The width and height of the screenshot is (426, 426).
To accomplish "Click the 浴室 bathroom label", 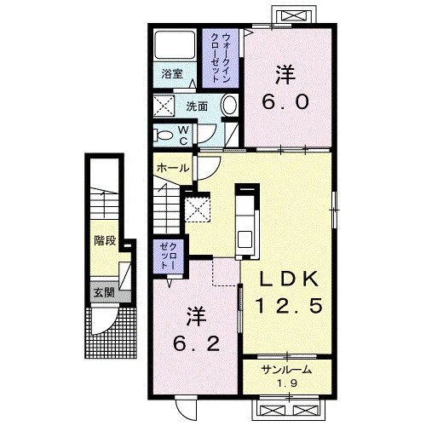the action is (x=172, y=74).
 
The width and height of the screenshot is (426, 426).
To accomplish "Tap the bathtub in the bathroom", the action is (x=175, y=45).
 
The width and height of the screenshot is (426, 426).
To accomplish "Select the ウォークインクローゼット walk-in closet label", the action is (x=221, y=58).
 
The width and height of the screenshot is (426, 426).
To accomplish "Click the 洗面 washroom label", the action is (x=197, y=106).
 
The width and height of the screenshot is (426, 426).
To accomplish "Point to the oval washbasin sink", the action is (x=229, y=106).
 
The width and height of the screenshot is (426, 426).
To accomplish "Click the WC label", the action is (x=183, y=135).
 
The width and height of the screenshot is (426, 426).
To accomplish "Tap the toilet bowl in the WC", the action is (x=163, y=135).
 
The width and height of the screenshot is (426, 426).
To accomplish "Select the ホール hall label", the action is (x=173, y=168).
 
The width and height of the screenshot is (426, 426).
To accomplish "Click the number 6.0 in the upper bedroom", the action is (x=285, y=102).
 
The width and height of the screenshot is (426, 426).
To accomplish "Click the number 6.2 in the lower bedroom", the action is (x=196, y=343).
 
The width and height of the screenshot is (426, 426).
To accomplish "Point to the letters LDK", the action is (x=289, y=279).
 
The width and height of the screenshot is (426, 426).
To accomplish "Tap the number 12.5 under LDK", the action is (x=289, y=306).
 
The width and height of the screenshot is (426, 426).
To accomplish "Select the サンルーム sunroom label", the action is (x=286, y=370).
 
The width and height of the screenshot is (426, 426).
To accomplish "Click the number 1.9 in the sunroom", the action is (x=287, y=383).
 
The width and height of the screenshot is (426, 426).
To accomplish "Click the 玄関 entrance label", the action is (x=104, y=292).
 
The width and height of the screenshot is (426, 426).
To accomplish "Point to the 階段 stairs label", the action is (x=105, y=241).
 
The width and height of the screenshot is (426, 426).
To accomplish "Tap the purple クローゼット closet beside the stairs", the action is (x=169, y=256).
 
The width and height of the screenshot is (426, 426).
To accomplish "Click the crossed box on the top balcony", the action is (x=293, y=14).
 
